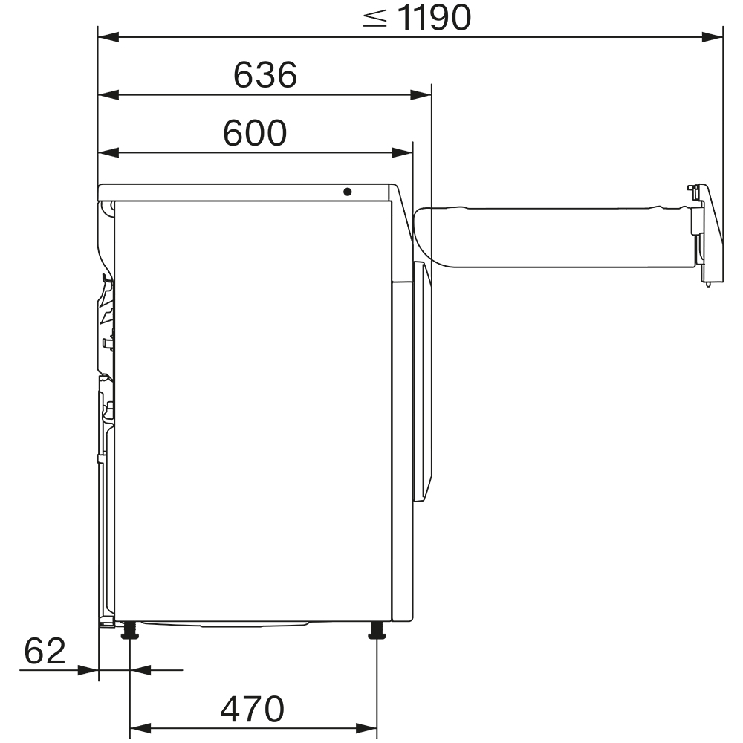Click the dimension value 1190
coord(434,18)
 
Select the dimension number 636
coord(265,74)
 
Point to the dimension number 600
coord(255,133)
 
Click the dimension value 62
coord(45,652)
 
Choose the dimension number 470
coord(252,709)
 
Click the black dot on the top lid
coord(348,192)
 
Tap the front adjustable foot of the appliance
coord(377,632)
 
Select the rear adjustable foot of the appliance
coord(131,632)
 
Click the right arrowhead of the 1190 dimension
coord(714,35)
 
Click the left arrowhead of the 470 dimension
coord(139,726)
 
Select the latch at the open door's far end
coord(699,230)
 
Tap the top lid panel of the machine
coord(245,192)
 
